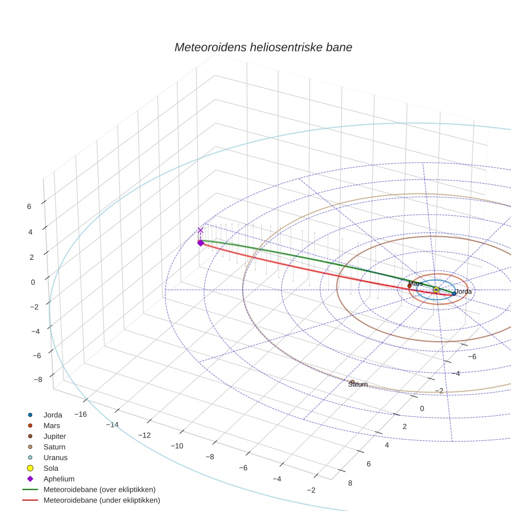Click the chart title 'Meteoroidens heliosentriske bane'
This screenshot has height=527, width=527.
click(263, 47)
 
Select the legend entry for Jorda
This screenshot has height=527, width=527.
click(52, 415)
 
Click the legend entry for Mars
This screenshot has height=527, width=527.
click(52, 426)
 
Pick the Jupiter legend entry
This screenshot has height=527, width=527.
click(55, 436)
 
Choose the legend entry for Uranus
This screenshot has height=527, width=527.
click(55, 458)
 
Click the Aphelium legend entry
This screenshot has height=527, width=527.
click(58, 479)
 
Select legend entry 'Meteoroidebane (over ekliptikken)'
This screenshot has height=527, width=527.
click(99, 490)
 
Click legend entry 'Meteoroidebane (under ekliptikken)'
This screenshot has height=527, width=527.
click(101, 500)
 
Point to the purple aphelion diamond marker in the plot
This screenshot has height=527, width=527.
click(200, 243)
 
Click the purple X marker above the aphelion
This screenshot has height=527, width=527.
click(200, 231)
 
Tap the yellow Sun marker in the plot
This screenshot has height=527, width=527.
click(436, 290)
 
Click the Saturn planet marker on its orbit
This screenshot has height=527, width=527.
click(352, 382)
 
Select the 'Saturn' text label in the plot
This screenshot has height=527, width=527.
click(358, 385)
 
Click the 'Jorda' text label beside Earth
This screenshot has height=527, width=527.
click(464, 292)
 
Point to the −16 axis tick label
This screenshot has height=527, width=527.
click(80, 415)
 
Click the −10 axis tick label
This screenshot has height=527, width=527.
click(177, 446)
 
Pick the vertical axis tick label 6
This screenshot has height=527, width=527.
click(29, 206)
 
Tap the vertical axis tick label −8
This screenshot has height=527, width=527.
click(37, 380)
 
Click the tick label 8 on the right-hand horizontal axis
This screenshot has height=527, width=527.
click(350, 483)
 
